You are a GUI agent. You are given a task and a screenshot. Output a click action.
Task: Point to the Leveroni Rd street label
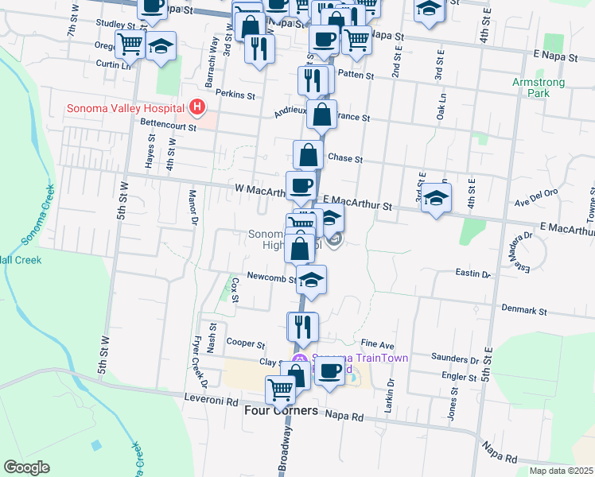(210, 402)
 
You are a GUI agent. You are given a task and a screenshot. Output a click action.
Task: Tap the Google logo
(26, 467)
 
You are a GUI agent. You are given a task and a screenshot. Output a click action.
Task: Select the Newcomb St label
(270, 278)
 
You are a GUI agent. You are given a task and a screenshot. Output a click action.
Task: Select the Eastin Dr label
(472, 273)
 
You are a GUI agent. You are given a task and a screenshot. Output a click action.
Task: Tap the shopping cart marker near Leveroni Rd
(281, 390)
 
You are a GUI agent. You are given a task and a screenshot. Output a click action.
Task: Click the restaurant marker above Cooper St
(303, 325)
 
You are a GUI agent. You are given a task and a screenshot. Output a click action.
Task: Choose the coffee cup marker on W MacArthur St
(301, 185)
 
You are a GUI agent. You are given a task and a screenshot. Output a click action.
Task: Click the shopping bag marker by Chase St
(308, 154)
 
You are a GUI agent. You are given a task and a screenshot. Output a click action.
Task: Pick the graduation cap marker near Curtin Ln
(161, 45)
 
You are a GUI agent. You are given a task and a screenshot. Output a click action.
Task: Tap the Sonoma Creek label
(38, 215)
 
